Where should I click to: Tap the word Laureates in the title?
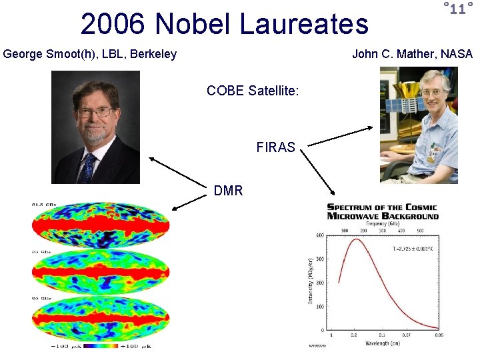(x=303, y=25)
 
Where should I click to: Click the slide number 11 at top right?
(x=457, y=9)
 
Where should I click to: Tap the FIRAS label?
(x=275, y=148)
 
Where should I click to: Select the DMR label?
(x=228, y=191)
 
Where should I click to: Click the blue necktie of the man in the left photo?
(x=88, y=167)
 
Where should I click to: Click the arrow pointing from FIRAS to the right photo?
(x=338, y=136)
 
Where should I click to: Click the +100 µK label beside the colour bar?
(x=144, y=345)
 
